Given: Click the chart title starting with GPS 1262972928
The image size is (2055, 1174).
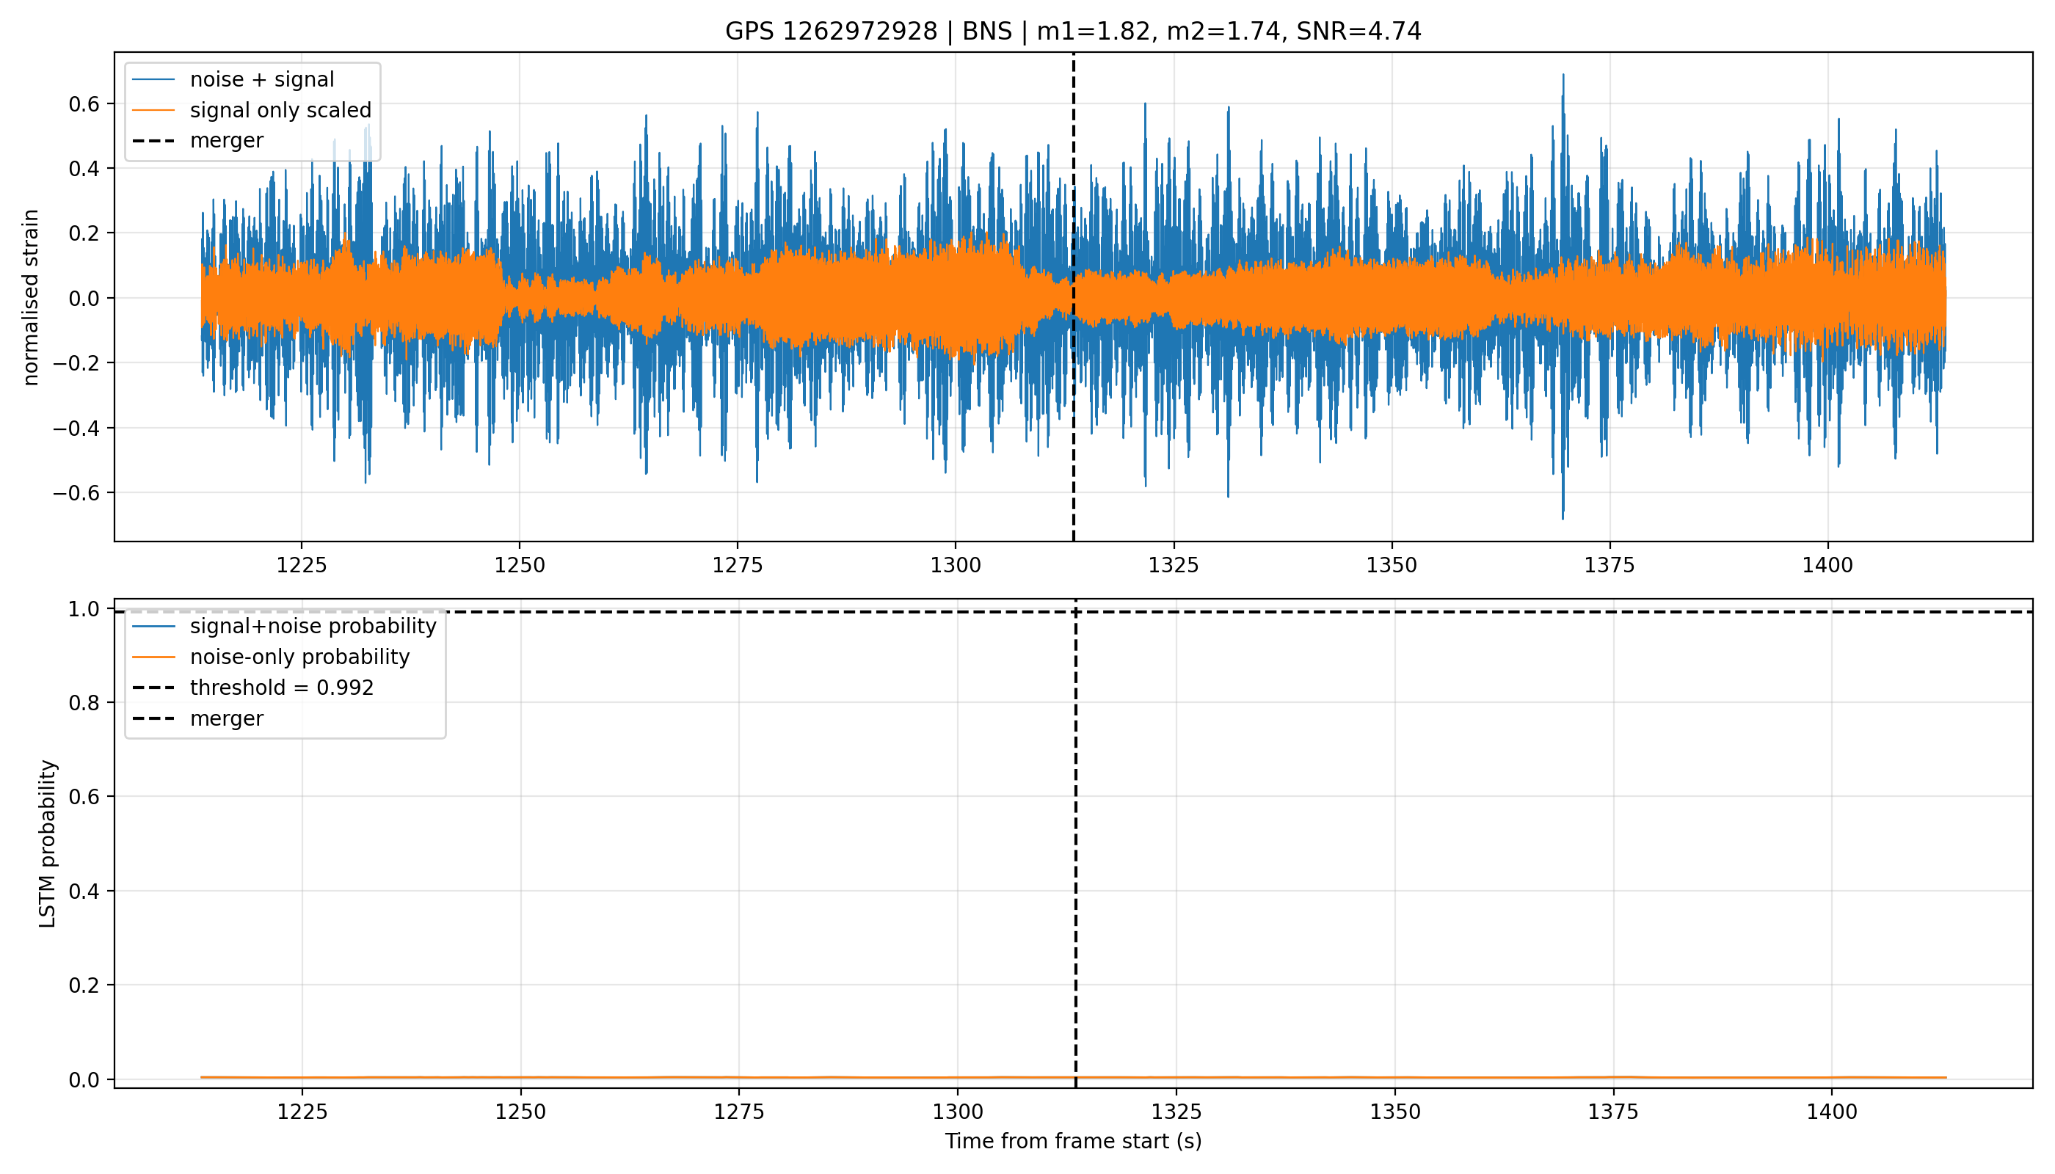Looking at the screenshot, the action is pos(1073,32).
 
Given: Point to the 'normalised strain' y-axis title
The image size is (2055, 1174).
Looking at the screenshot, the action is pos(31,297).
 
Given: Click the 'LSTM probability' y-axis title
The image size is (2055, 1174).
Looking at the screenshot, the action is pos(48,843).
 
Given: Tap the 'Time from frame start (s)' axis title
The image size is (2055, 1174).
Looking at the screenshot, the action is pos(1074,1141).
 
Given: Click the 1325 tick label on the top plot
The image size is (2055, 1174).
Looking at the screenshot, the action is pos(1174,565).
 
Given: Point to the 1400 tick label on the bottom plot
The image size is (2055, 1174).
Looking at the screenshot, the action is pos(1832,1112).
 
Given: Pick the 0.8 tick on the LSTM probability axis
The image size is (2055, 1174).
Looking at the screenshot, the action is pos(84,703).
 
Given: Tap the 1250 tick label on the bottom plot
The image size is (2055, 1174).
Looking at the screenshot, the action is pos(520,1112).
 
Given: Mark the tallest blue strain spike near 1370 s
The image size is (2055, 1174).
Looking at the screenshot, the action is pos(1563,75).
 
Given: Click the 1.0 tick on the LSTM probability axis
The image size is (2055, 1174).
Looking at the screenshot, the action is pos(84,609).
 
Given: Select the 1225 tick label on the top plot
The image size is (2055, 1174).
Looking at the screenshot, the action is pos(302,565).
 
